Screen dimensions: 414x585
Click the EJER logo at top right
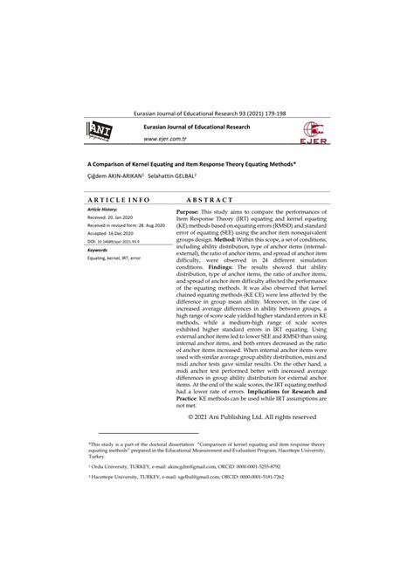(316, 131)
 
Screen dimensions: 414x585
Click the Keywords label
(98, 250)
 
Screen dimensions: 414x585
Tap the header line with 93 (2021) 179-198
(206, 114)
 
